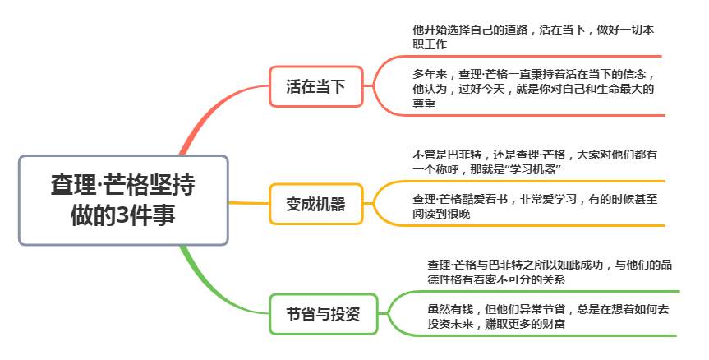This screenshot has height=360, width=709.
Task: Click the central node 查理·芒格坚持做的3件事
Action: pyautogui.click(x=123, y=200)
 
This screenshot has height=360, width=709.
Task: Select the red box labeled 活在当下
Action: pyautogui.click(x=315, y=85)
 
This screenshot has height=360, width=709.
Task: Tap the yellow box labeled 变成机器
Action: pyautogui.click(x=315, y=204)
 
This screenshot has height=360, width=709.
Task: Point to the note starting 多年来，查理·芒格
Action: pyautogui.click(x=534, y=89)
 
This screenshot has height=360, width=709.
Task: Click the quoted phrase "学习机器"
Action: pyautogui.click(x=534, y=168)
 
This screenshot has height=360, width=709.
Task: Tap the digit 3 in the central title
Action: pyautogui.click(x=122, y=216)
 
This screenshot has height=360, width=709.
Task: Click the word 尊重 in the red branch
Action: pyautogui.click(x=425, y=104)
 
